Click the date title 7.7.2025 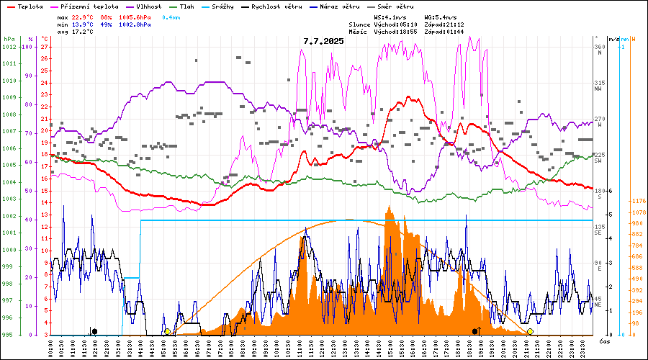tap(323, 41)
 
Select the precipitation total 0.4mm tap(172, 17)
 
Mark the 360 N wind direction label tap(599, 50)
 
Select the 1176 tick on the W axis tap(638, 201)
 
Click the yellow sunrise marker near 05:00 tap(167, 331)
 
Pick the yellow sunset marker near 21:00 tap(530, 331)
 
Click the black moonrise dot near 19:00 tap(474, 331)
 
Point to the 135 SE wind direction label tap(599, 230)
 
